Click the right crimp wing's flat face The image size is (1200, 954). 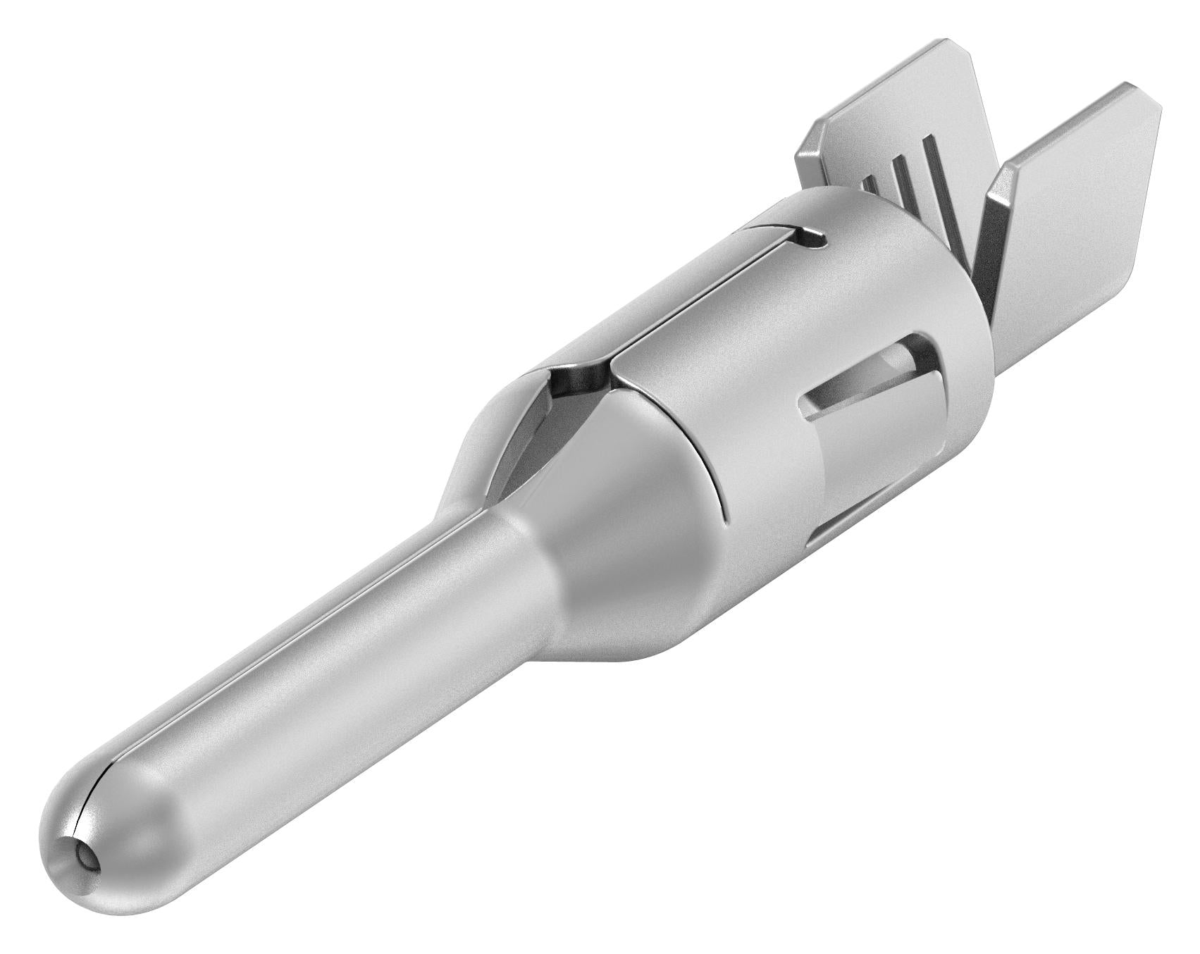[1099, 183]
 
